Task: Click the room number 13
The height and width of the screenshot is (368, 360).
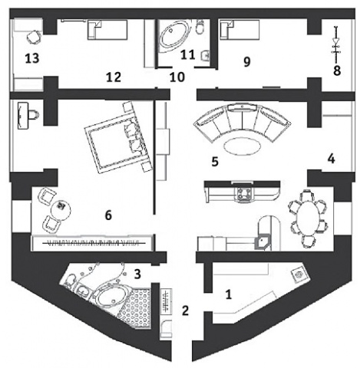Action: (x=32, y=58)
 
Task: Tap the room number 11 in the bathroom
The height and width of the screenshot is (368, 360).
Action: (x=188, y=54)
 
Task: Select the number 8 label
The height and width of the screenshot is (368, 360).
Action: (x=337, y=71)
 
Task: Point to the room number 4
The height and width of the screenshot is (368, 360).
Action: (x=331, y=159)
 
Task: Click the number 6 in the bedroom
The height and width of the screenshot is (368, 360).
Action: (x=108, y=215)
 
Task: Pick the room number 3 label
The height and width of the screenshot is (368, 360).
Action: (x=137, y=274)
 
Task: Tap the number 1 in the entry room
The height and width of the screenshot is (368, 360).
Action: (x=229, y=294)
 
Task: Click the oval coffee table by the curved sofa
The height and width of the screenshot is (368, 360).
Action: (x=242, y=146)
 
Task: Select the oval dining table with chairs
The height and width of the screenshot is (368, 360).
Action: (x=308, y=219)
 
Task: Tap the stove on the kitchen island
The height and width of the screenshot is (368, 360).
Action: (x=245, y=194)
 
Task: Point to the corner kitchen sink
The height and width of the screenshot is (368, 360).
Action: (x=262, y=242)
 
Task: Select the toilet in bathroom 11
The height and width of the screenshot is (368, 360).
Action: (x=200, y=27)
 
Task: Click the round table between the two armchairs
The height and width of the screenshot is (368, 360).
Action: (x=61, y=209)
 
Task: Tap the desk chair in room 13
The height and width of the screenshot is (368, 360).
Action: (x=34, y=38)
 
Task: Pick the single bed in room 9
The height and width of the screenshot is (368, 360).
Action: (x=239, y=30)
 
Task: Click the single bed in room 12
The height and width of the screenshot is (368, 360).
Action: (x=107, y=30)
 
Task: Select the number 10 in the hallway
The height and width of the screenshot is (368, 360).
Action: (x=177, y=77)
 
